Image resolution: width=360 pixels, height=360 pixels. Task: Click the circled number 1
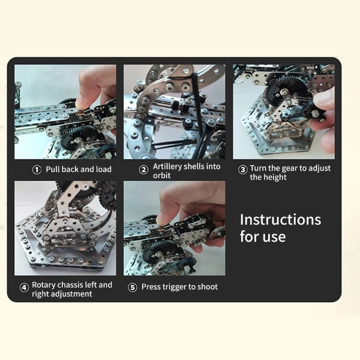[36, 170]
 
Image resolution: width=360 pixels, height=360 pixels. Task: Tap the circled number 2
[144, 170]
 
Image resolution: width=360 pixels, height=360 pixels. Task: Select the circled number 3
[243, 170]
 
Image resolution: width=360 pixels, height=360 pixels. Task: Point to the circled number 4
[24, 288]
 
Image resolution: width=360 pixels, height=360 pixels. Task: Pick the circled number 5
[132, 288]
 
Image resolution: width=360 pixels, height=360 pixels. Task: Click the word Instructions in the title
[280, 220]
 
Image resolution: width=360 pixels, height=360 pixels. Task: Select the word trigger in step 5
[173, 287]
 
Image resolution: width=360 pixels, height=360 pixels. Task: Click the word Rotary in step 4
[44, 285]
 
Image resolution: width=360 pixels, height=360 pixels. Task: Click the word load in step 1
[103, 170]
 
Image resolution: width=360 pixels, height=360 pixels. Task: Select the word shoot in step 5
[207, 287]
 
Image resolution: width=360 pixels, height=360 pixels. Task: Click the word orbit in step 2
[162, 175]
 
